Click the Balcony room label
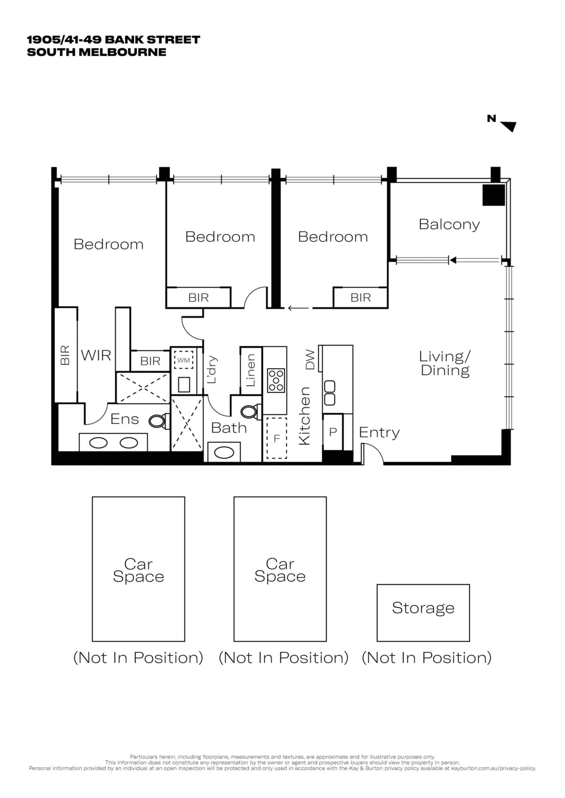click(449, 225)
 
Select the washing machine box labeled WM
click(183, 360)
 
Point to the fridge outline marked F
click(277, 438)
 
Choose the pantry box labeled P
click(333, 432)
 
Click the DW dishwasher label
click(310, 360)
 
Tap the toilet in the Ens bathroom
click(159, 421)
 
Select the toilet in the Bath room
click(250, 412)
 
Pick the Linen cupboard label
click(250, 371)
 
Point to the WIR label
click(96, 356)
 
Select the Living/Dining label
click(445, 364)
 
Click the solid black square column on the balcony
click(493, 195)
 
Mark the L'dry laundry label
click(211, 369)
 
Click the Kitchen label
click(304, 416)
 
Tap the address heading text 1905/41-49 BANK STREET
click(113, 40)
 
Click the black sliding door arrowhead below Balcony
click(452, 260)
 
